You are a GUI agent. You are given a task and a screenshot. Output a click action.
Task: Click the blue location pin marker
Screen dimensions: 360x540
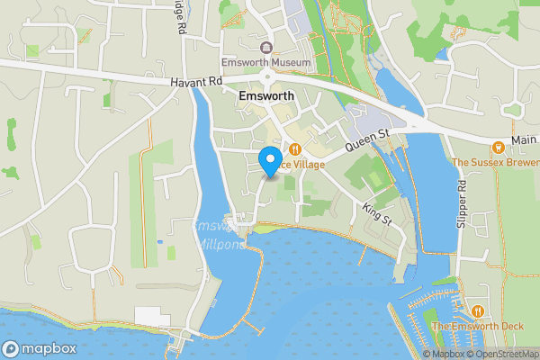[268, 162]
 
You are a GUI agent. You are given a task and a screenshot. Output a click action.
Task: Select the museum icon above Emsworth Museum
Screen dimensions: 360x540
[265, 47]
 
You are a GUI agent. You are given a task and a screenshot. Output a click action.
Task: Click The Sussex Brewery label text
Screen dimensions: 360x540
[495, 163]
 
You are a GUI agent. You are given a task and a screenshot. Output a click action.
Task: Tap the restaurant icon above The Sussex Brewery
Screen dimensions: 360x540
[497, 147]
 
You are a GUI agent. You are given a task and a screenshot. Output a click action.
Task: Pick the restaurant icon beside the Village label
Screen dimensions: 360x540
[294, 149]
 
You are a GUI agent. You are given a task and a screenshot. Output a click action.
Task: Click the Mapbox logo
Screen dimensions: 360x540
[38, 348]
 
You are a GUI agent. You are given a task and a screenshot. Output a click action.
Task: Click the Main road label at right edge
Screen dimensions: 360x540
[524, 140]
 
